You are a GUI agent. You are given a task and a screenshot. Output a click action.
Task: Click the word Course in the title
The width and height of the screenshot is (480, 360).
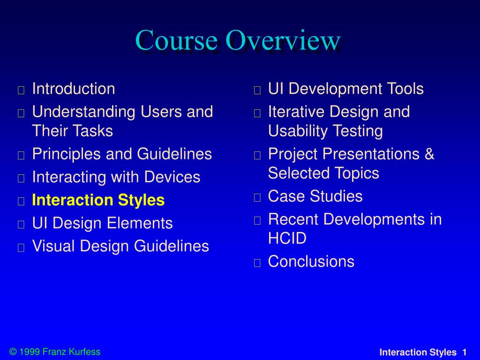(x=177, y=40)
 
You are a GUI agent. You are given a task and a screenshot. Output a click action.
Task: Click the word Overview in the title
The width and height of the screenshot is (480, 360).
(x=283, y=40)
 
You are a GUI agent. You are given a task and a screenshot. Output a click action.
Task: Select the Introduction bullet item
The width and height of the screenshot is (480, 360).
(x=74, y=89)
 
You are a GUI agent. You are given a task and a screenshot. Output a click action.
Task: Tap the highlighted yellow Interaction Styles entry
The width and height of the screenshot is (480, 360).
(x=98, y=200)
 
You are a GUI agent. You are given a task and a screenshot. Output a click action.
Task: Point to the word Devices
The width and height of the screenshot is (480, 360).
(x=172, y=177)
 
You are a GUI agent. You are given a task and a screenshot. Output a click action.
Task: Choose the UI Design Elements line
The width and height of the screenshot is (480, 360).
(x=103, y=223)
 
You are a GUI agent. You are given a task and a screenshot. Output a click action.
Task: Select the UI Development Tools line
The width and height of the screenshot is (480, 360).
(x=346, y=89)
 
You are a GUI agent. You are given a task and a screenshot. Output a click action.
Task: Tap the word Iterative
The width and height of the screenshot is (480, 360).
(x=296, y=112)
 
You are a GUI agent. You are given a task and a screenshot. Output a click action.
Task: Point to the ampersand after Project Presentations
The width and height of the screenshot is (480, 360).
(x=429, y=154)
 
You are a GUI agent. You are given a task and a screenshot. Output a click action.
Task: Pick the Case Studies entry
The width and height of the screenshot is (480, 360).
(x=315, y=196)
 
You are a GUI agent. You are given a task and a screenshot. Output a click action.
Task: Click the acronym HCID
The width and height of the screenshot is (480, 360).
(x=287, y=238)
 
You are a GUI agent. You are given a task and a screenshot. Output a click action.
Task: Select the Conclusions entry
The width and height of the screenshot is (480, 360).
(x=311, y=262)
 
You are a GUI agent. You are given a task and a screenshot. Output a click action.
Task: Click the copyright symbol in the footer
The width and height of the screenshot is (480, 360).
(x=13, y=352)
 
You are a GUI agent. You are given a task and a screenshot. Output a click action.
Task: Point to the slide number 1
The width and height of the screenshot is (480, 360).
(x=465, y=352)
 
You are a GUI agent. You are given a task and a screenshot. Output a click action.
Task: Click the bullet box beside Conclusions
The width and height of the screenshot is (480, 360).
(x=257, y=262)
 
